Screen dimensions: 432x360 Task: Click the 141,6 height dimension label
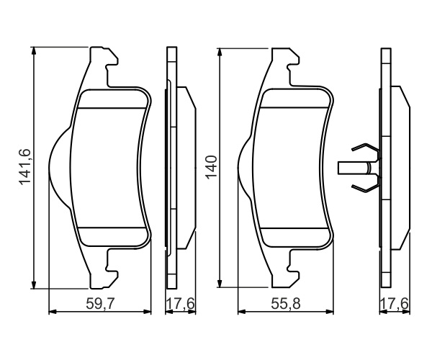(24, 167)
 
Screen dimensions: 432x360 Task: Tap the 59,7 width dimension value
(100, 304)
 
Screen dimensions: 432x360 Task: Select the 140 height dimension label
(212, 167)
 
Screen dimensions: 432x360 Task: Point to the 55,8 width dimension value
(286, 304)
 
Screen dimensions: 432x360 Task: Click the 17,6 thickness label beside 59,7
(181, 304)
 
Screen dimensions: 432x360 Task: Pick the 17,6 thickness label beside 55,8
(395, 304)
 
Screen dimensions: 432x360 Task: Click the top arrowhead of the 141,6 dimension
(34, 50)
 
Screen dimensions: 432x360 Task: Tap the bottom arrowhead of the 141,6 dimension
(34, 285)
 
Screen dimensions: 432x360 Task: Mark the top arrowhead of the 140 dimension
(220, 53)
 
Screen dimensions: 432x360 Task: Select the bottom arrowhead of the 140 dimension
(220, 284)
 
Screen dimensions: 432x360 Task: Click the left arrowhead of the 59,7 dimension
(53, 312)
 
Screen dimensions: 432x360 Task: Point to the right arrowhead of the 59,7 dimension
(148, 312)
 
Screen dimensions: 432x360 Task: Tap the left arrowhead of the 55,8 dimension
(242, 312)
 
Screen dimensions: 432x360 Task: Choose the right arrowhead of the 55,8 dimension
(330, 312)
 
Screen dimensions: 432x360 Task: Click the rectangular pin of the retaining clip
(354, 168)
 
